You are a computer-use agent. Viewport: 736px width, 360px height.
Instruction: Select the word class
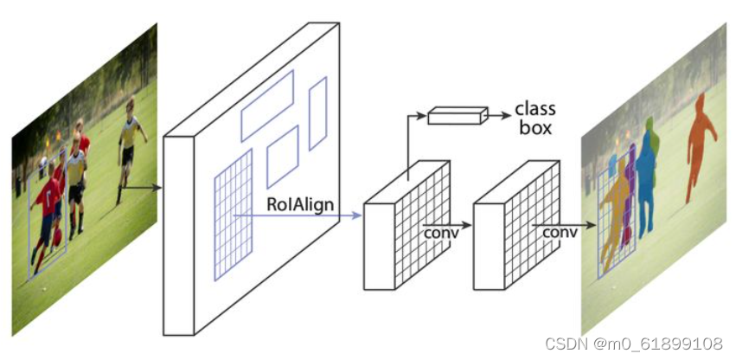(535, 109)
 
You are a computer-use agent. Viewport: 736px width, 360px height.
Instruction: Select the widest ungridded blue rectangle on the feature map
(267, 106)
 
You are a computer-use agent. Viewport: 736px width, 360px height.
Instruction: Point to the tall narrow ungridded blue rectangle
(318, 113)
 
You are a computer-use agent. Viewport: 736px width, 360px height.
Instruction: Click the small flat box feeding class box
(455, 115)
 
